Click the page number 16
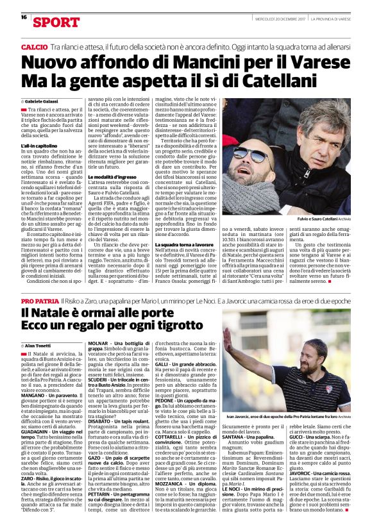tap(24, 17)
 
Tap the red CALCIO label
tap(34, 48)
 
